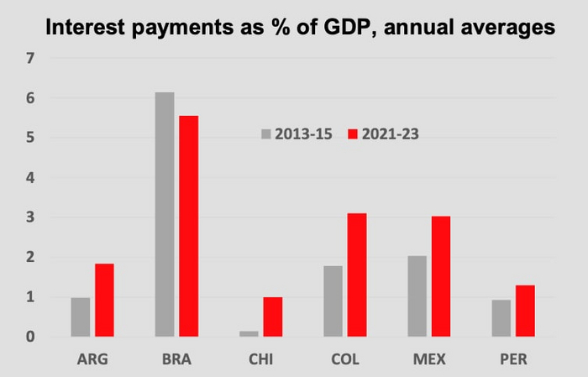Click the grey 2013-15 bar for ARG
(81, 317)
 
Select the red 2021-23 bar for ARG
(104, 301)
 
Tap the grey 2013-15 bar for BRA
(165, 214)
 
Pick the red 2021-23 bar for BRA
(188, 226)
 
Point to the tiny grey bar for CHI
(249, 333)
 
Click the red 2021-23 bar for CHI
(272, 317)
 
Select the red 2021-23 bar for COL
(356, 275)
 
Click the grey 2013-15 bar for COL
(333, 301)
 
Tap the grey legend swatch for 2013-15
(266, 134)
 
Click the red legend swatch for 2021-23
(353, 134)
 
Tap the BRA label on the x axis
(176, 360)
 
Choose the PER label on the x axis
(513, 360)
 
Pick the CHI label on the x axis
(260, 360)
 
